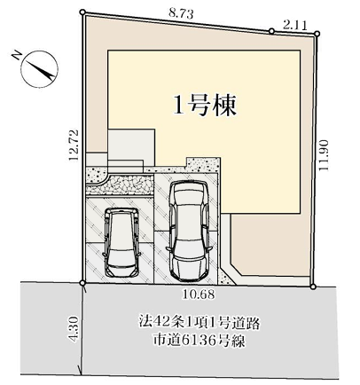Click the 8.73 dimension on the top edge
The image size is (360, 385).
182,14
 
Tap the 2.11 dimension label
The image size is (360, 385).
295,25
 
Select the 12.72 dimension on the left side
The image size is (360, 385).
74,145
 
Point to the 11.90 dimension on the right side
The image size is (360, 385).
324,155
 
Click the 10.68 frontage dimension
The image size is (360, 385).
198,295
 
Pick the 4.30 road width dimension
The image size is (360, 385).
74,329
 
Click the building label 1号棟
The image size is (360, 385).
205,106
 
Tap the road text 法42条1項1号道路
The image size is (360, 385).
200,323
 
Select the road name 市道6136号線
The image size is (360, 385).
200,341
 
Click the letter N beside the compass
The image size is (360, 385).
17,55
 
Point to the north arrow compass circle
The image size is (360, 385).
40,69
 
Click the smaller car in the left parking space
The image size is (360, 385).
121,242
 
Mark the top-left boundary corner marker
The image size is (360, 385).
82,12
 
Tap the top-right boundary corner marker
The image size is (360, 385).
317,34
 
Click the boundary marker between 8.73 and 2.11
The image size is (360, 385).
271,31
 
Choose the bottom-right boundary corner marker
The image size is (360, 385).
313,287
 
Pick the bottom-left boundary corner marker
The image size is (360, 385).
82,283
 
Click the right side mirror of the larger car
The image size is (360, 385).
209,247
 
